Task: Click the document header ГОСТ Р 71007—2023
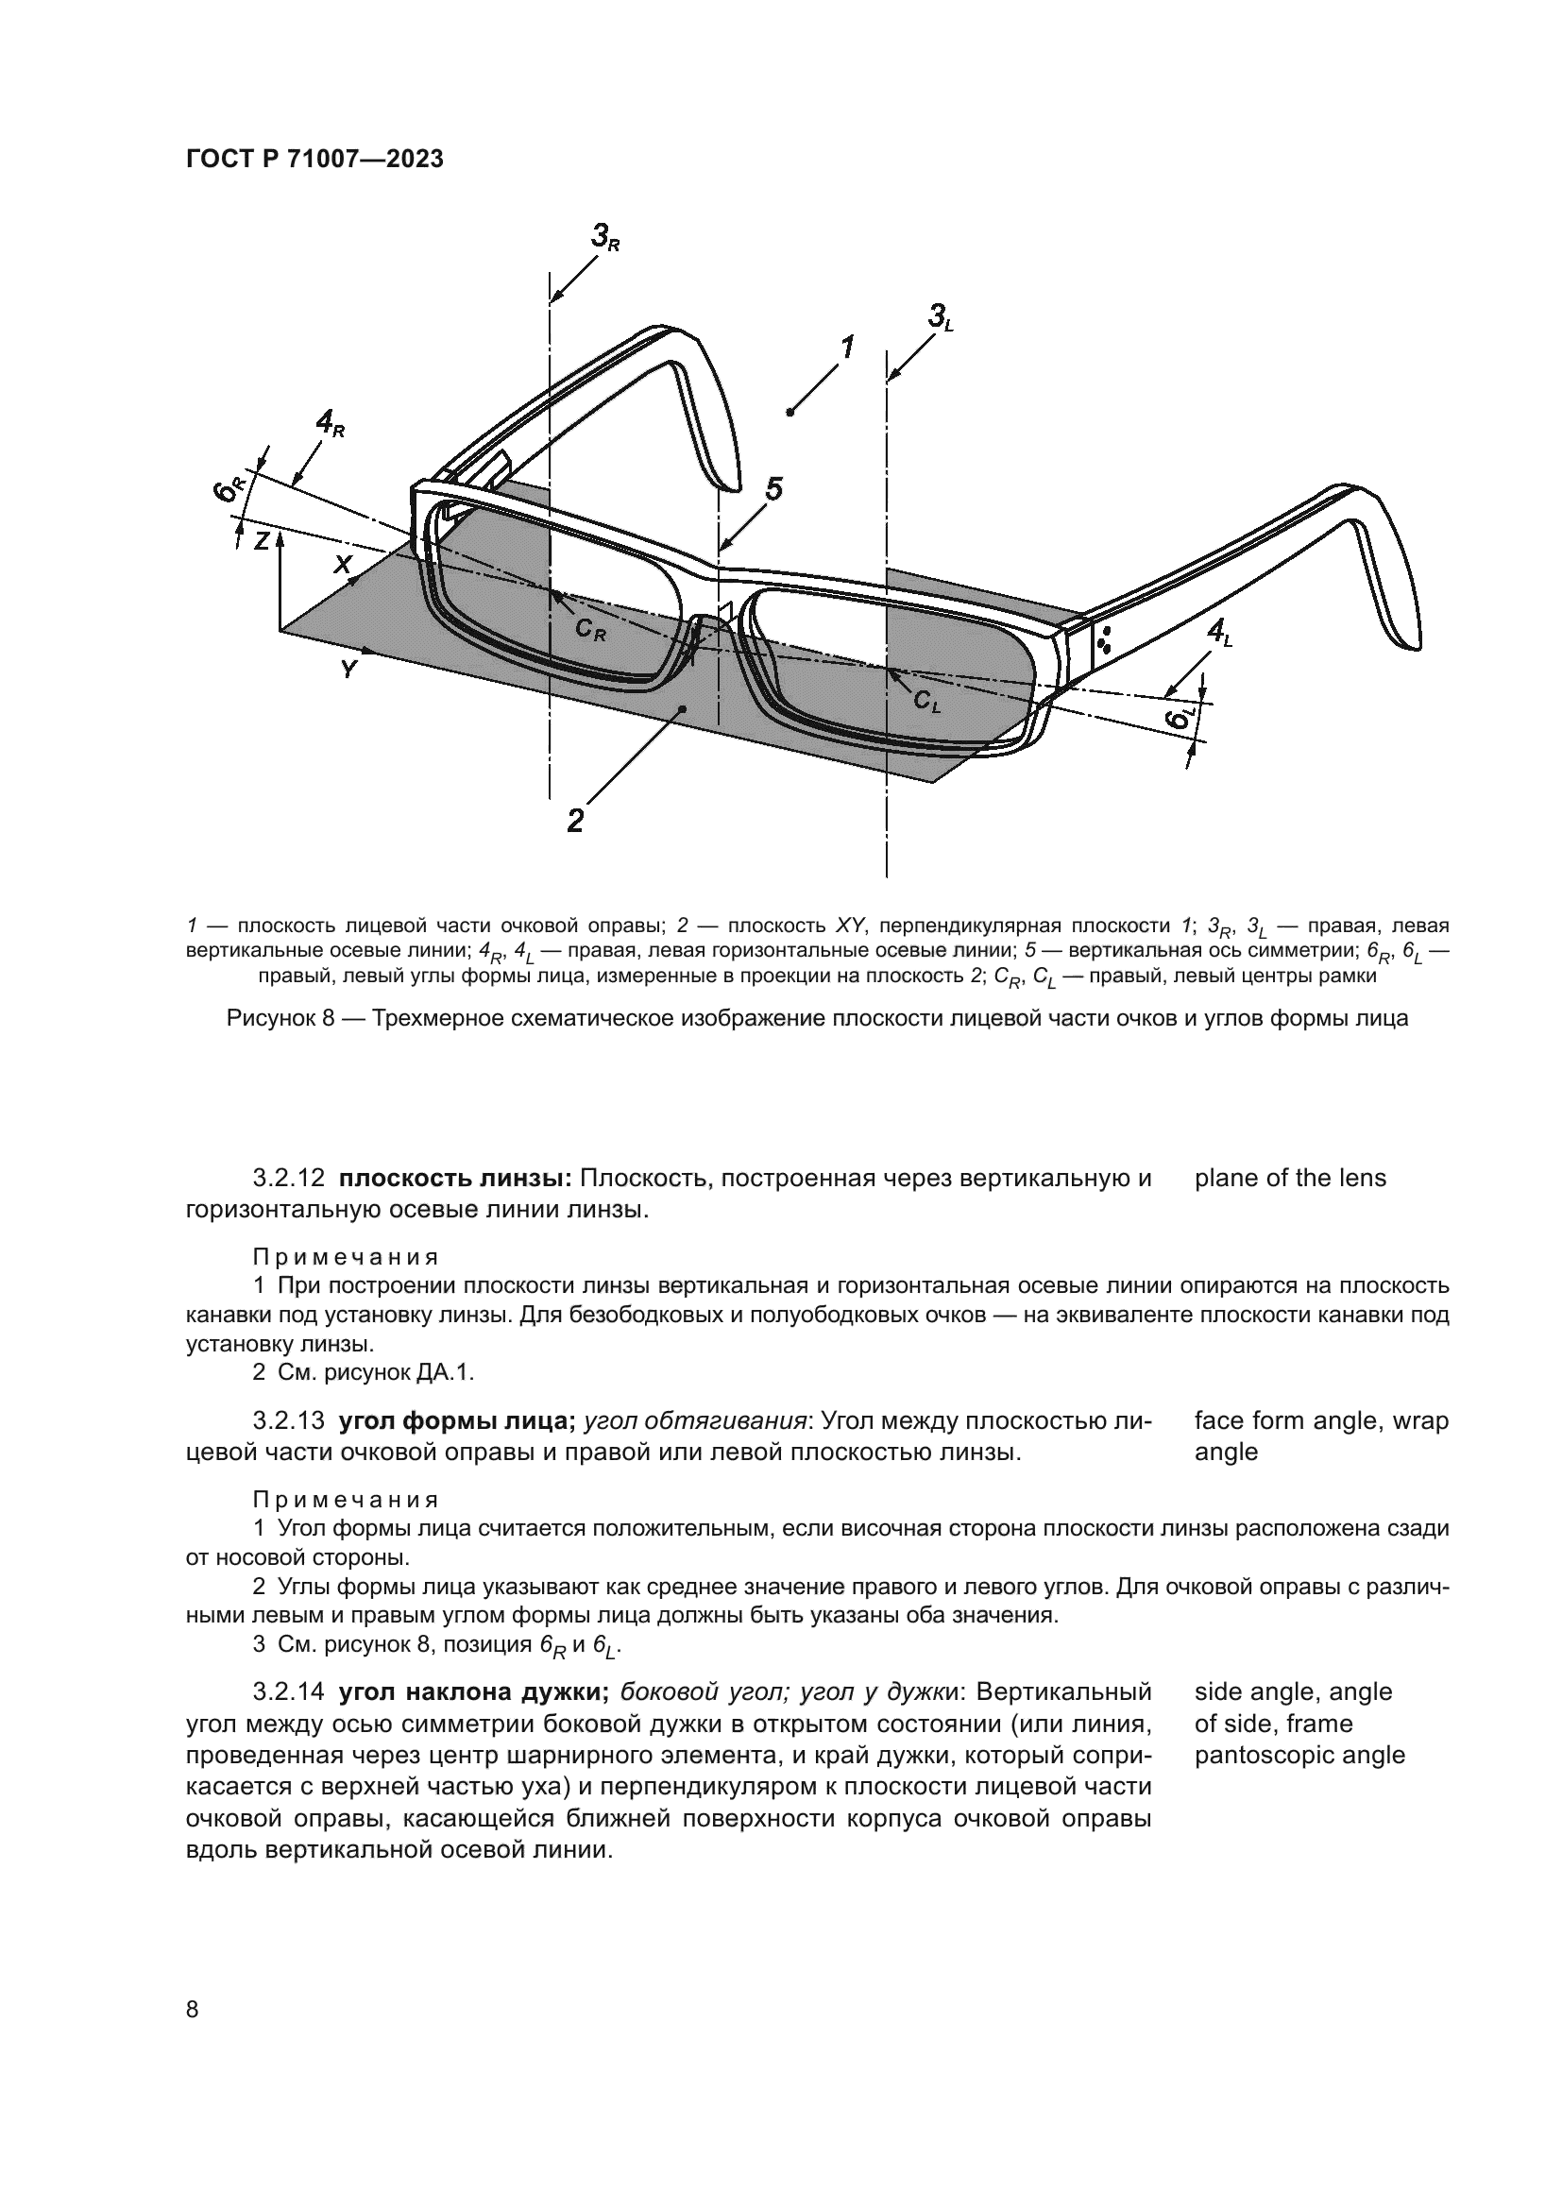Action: click(x=314, y=160)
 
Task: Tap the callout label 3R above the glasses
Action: click(x=605, y=236)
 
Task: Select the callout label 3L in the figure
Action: click(x=940, y=316)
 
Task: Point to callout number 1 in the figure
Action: click(x=847, y=348)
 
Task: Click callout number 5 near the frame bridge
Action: click(x=773, y=490)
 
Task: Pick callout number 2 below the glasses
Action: click(x=574, y=820)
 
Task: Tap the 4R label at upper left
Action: click(x=330, y=422)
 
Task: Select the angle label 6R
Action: click(x=229, y=489)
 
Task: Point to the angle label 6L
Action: click(x=1180, y=718)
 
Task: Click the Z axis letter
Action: click(x=261, y=541)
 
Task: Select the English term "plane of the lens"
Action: click(x=1290, y=1178)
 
